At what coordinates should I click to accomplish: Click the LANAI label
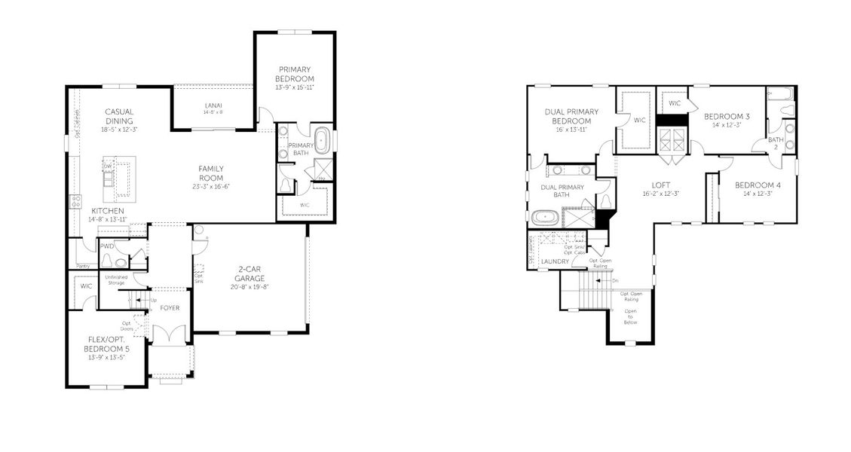click(213, 105)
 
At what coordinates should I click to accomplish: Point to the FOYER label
click(170, 307)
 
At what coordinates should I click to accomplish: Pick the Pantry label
click(82, 265)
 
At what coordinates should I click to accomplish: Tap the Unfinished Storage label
click(115, 280)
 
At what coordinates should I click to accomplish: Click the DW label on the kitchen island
click(108, 166)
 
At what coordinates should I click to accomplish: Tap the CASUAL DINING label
click(119, 116)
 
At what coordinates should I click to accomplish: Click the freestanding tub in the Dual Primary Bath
click(543, 218)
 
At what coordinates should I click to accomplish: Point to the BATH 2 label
click(776, 143)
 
